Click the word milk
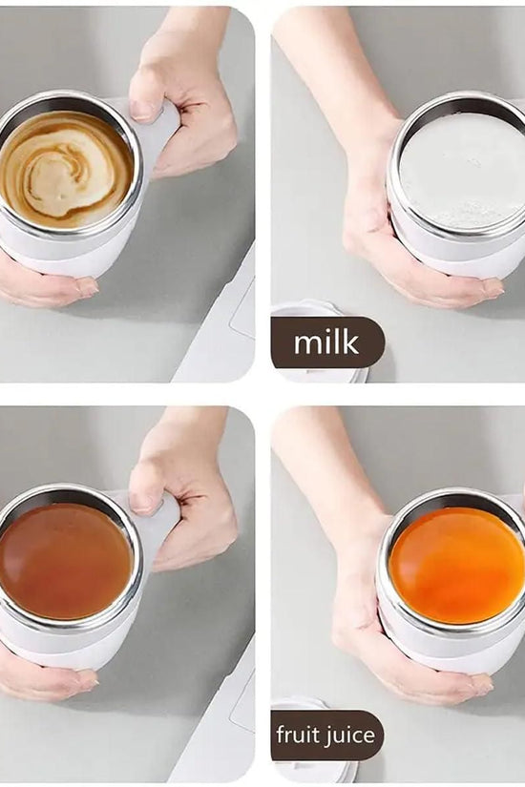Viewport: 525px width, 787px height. [x=326, y=342]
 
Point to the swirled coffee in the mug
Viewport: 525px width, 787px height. [x=65, y=165]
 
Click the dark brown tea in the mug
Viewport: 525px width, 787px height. [x=64, y=561]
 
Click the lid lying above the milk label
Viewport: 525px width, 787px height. [x=302, y=309]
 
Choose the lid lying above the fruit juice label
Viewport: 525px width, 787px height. [x=301, y=705]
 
